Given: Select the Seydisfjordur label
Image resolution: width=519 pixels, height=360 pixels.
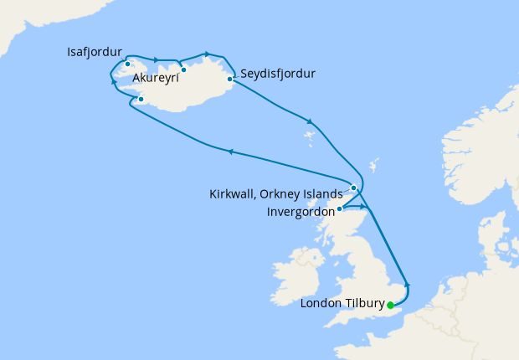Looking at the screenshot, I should (x=277, y=74).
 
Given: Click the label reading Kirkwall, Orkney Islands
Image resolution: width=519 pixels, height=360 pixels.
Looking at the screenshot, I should (x=275, y=193).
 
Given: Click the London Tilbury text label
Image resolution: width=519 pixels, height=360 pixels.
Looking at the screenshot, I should (x=341, y=304).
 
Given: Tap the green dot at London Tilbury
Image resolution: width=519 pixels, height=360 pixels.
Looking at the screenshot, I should (x=390, y=305).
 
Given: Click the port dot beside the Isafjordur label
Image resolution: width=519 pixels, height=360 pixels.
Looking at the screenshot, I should (x=127, y=64).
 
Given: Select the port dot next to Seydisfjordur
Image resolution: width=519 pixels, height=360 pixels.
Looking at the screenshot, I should (x=229, y=80).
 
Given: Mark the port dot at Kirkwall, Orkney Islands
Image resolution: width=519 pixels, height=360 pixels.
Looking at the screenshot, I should (x=353, y=188).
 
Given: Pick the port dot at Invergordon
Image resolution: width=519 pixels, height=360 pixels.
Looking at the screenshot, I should (x=339, y=208).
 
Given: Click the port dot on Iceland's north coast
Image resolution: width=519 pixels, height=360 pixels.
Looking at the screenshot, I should (x=183, y=69).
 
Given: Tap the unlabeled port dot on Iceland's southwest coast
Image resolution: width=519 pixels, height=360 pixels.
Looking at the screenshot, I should (x=141, y=100).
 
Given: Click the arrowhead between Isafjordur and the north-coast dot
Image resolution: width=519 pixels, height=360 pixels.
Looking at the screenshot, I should (x=156, y=59).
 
